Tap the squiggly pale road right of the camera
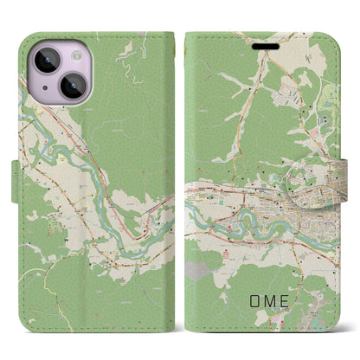click(x=126, y=69)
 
